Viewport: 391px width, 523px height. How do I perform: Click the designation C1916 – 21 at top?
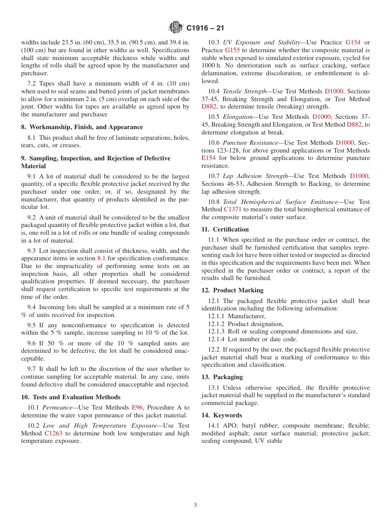[x=205, y=28]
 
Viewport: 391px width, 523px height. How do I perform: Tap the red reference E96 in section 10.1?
[x=137, y=407]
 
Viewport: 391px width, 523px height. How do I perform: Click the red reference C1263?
[x=52, y=433]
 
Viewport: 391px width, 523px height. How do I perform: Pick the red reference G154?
[x=353, y=42]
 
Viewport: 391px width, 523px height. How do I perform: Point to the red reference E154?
[x=208, y=158]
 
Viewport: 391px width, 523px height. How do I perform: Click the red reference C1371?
[x=233, y=210]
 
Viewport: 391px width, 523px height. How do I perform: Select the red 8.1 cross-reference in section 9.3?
[x=101, y=259]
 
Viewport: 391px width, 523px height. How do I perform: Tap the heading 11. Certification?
[x=225, y=229]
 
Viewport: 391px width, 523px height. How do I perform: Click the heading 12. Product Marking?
[x=233, y=290]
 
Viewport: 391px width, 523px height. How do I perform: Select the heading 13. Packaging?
[x=222, y=377]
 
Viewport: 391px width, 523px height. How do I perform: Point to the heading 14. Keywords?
[x=222, y=415]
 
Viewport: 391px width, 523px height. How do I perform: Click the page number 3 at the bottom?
[x=195, y=505]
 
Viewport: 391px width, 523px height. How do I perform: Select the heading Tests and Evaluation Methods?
[x=75, y=397]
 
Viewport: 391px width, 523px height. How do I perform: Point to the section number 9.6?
[x=32, y=343]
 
